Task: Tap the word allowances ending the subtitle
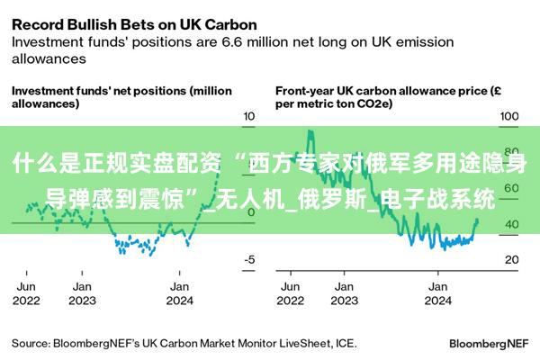[49, 58]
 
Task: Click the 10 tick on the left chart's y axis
[249, 117]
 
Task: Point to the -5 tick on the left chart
[249, 259]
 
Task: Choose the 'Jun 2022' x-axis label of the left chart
[27, 292]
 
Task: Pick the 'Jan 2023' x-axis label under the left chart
[82, 292]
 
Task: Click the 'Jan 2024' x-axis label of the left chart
[179, 292]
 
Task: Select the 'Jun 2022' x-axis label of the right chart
[290, 292]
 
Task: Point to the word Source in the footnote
[30, 343]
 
